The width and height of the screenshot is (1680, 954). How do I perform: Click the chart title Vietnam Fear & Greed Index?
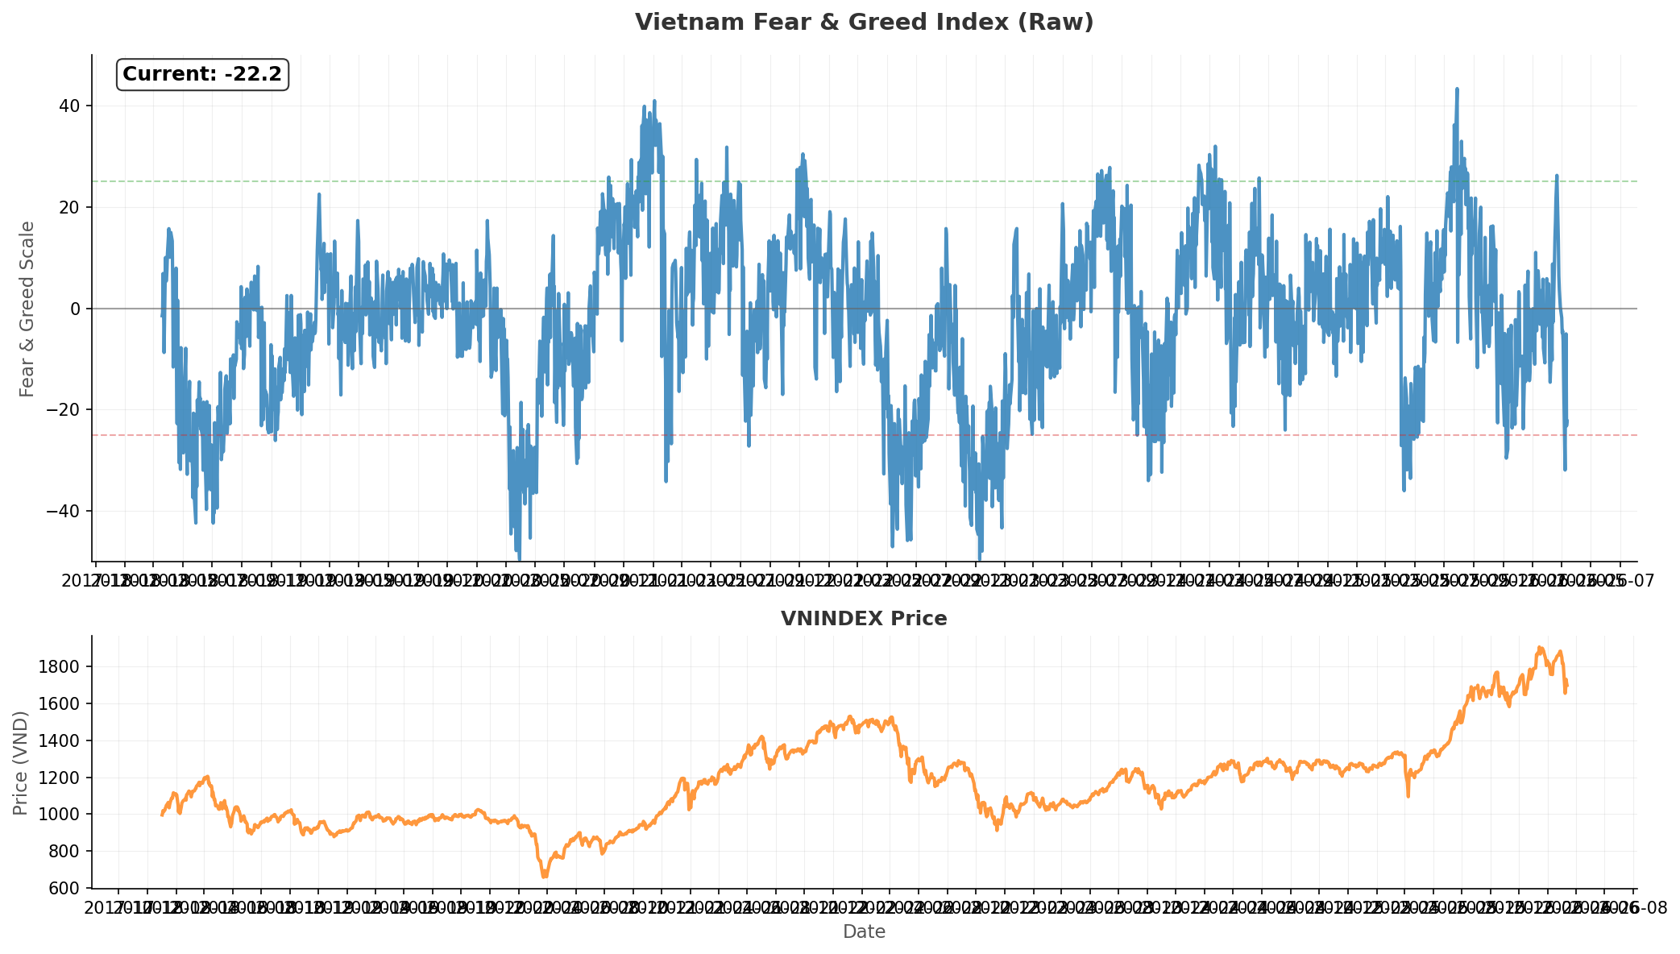click(x=864, y=22)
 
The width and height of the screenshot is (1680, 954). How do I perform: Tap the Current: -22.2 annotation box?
click(x=202, y=74)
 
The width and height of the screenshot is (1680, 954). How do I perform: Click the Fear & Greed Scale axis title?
click(x=27, y=309)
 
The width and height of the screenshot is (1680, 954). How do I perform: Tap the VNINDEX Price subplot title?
click(x=864, y=619)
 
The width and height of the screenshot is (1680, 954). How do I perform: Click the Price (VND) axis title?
click(x=21, y=762)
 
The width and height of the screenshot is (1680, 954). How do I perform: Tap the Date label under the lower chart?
click(x=864, y=932)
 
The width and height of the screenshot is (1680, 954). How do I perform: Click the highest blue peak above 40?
click(x=1457, y=89)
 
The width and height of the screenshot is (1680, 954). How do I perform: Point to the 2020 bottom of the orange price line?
click(x=545, y=876)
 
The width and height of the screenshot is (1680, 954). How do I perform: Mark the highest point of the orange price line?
click(x=1539, y=647)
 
